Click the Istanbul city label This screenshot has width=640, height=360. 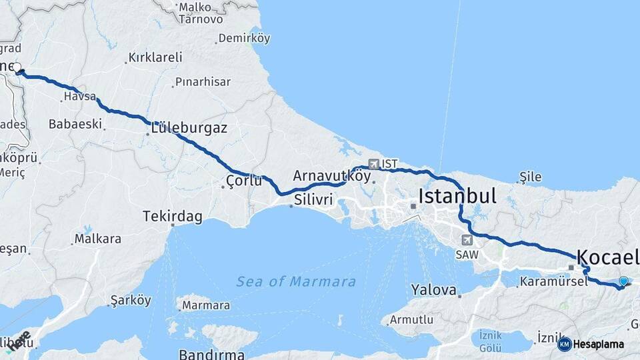point(457,196)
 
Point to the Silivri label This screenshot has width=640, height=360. point(313,199)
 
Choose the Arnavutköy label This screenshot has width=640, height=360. point(331,176)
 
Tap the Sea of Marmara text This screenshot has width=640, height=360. point(296,281)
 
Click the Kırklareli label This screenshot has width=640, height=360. point(155,57)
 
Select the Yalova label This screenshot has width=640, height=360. point(434,290)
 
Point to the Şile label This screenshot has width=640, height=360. point(531,177)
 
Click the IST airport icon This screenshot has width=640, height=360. point(373,163)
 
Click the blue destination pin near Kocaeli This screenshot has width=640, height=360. point(623,281)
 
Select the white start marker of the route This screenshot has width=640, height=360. point(17,67)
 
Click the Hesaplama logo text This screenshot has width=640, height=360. point(599,344)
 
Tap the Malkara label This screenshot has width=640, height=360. point(98,238)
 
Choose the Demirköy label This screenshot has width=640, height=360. point(244,38)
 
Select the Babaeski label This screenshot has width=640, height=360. point(75,124)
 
